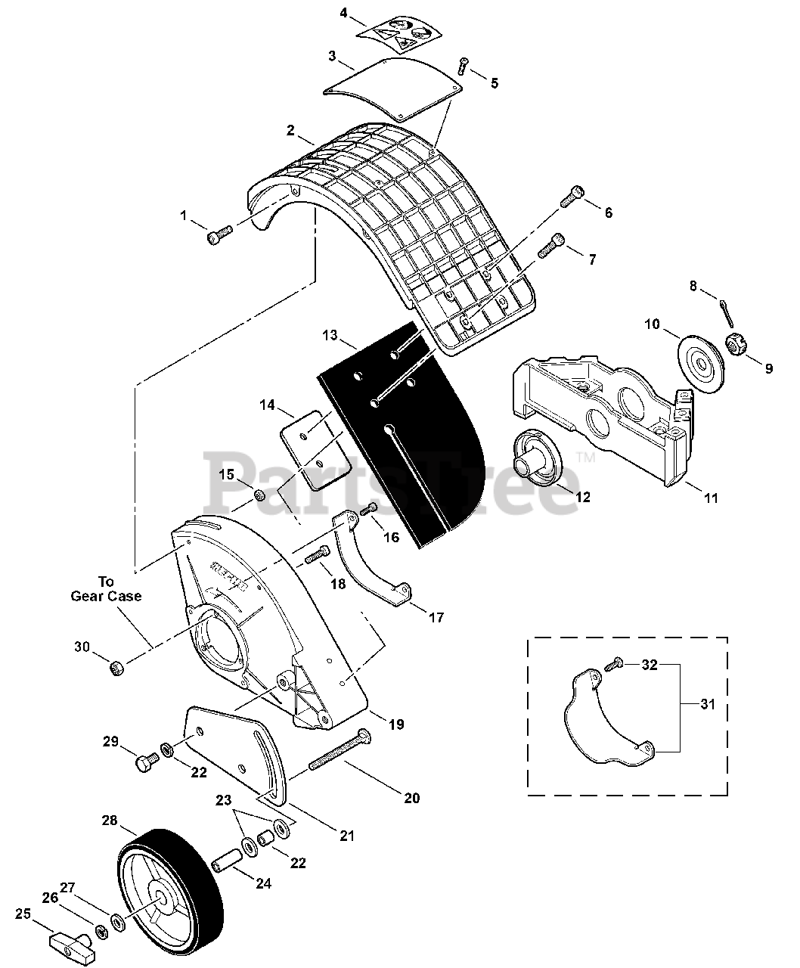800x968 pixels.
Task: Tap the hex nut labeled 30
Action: tap(117, 668)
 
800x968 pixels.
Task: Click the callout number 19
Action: tap(396, 724)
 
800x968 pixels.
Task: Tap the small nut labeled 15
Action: tap(259, 495)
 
